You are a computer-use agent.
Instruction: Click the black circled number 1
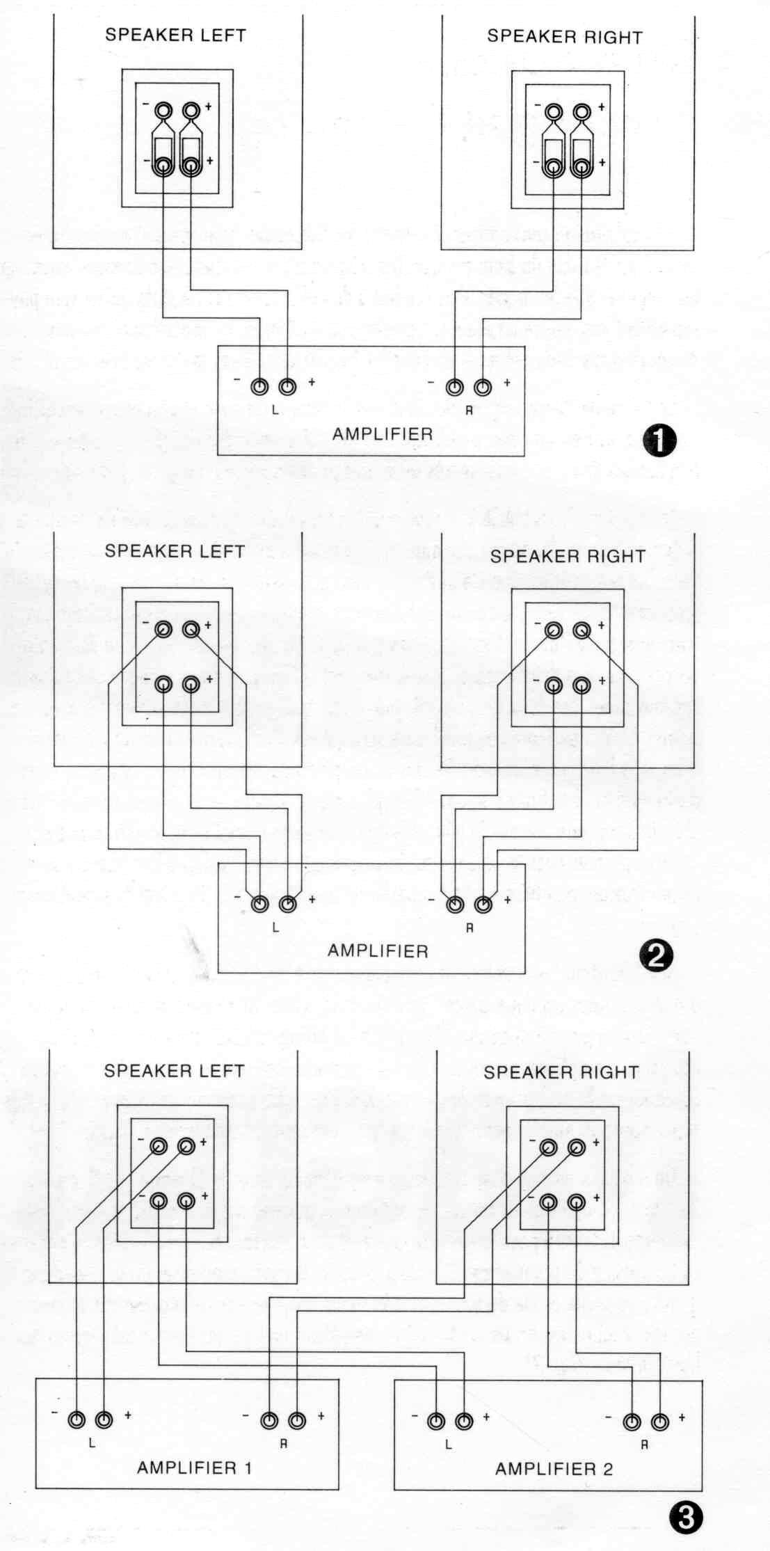coord(660,441)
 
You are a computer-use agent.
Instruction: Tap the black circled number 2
coord(656,957)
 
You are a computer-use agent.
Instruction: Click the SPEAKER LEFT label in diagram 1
coord(175,35)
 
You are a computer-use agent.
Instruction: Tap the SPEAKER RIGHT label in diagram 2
coord(568,556)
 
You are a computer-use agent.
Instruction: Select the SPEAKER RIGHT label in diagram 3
coord(561,1072)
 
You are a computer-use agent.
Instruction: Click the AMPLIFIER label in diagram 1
coord(383,434)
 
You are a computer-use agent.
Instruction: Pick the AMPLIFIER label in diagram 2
coord(378,951)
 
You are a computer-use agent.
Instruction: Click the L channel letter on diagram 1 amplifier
coord(275,410)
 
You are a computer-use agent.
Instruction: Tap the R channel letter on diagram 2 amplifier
coord(470,928)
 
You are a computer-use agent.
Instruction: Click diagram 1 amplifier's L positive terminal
coord(287,387)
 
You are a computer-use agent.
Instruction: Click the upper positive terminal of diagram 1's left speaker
coord(191,110)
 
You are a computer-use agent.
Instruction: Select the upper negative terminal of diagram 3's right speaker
coord(548,1148)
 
